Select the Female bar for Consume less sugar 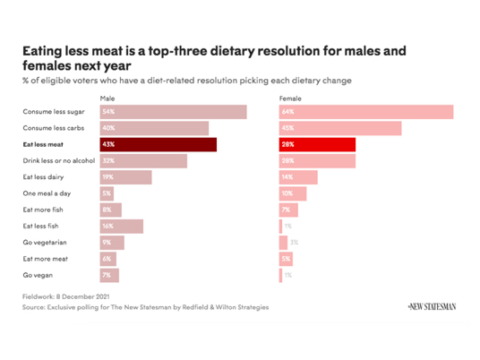(x=365, y=112)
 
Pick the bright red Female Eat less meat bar (x=317, y=145)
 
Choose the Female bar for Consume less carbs (x=339, y=128)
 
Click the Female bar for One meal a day (x=293, y=193)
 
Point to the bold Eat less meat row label (x=45, y=145)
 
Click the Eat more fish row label (x=43, y=210)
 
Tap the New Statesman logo (x=431, y=306)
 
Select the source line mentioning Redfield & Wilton (x=145, y=306)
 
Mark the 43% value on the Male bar (x=108, y=145)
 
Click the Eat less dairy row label (x=43, y=177)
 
